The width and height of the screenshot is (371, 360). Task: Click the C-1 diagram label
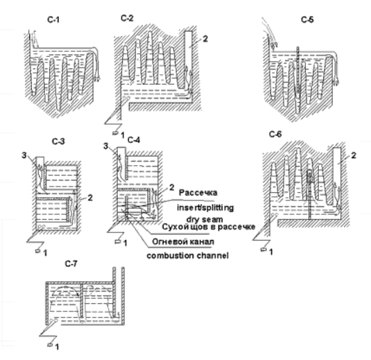(53, 19)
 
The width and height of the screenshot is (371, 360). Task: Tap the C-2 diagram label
(127, 18)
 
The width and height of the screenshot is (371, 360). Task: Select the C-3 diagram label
(58, 142)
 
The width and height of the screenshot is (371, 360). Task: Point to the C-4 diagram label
(134, 140)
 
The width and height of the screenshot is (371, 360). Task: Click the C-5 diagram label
(307, 19)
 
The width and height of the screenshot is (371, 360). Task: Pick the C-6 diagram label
(275, 134)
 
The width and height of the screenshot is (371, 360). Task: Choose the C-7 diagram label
(71, 264)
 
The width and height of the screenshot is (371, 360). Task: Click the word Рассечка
(198, 193)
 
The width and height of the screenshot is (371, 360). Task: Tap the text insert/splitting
(205, 208)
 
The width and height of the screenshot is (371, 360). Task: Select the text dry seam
(205, 219)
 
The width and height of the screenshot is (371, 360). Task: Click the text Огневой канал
(183, 241)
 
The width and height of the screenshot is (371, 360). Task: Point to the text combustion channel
(188, 256)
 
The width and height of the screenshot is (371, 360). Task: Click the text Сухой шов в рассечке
(209, 227)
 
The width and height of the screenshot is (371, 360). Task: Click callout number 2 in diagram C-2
(205, 39)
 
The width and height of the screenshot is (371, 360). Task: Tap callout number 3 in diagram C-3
(24, 155)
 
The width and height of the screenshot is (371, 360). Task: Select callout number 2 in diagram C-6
(354, 155)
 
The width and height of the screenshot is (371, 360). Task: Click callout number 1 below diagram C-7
(57, 347)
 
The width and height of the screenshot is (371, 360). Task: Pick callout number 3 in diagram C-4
(106, 146)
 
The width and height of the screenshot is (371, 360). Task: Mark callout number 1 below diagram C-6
(271, 252)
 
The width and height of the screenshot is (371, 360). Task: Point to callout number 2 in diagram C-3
(90, 198)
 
